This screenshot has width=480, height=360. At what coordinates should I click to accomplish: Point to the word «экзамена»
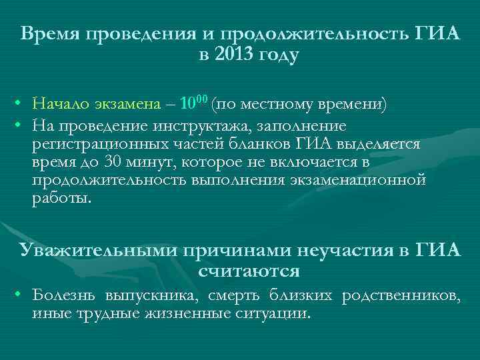point(127,104)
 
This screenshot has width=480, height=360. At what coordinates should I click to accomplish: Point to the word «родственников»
point(400,295)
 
